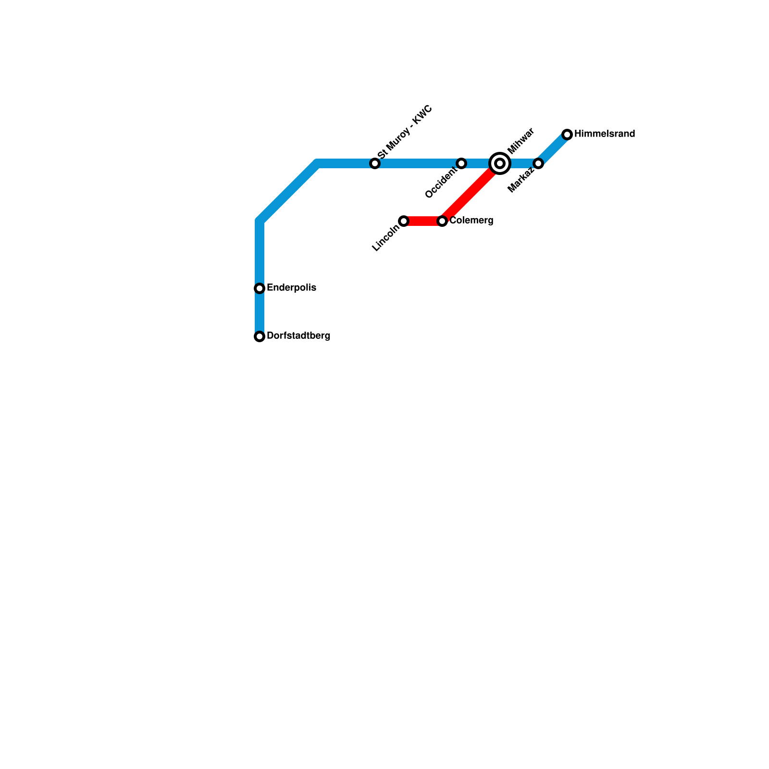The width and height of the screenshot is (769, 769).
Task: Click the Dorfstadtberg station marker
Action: coord(260,336)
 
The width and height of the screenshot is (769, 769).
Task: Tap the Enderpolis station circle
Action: coord(260,288)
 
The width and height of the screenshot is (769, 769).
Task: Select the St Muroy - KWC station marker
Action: coord(375,163)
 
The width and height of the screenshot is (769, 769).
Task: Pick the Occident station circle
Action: coord(461,163)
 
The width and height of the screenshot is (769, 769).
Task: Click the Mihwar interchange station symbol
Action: coord(500,163)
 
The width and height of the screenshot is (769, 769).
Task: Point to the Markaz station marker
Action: coord(538,163)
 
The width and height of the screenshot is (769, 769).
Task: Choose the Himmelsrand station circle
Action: coord(567,135)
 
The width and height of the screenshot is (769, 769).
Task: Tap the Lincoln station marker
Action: coord(404,221)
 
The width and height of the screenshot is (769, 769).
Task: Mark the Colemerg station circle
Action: coord(442,221)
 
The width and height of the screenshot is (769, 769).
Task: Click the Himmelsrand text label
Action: coord(605,134)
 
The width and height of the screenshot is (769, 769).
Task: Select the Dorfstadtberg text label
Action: coord(298,336)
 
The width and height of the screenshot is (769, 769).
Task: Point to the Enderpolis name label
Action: coord(291,288)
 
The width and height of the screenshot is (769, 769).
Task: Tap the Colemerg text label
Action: coord(471,221)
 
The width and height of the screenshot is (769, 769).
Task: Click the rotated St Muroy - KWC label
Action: coord(405,132)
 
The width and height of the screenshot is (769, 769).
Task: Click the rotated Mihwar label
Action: coord(521,140)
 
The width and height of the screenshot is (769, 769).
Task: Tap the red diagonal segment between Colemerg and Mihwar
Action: coord(471,192)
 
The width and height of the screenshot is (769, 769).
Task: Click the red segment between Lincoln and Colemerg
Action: coord(423,221)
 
